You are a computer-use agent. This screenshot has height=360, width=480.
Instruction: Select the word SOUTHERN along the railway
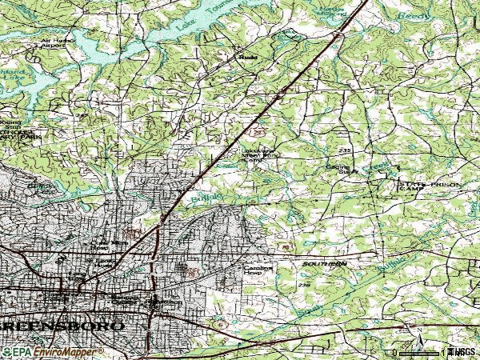(325, 263)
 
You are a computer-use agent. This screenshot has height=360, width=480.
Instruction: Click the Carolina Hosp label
(254, 270)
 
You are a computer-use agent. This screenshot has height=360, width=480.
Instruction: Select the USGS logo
(461, 352)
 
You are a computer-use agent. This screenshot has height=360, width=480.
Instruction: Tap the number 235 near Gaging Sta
(345, 150)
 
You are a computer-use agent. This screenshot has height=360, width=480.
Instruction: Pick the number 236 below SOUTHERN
(303, 284)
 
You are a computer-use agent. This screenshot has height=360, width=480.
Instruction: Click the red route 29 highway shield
(256, 129)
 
